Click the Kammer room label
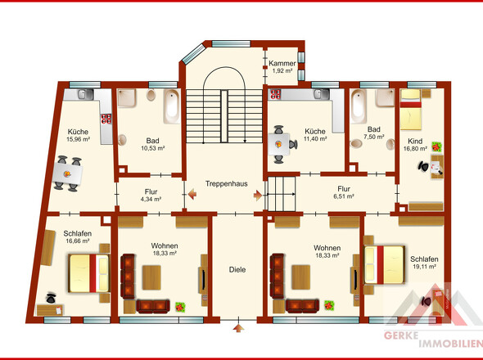click(282, 64)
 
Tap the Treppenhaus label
click(227, 184)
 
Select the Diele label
click(237, 269)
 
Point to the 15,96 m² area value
click(79, 139)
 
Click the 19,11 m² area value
click(424, 267)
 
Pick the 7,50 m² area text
click(373, 137)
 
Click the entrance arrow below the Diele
click(238, 328)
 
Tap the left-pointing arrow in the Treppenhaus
click(192, 195)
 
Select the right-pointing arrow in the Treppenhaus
click(258, 196)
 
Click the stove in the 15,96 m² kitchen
click(106, 119)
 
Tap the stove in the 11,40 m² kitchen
click(275, 94)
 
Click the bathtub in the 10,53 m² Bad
click(171, 106)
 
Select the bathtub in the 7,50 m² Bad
click(359, 106)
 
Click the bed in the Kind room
click(411, 110)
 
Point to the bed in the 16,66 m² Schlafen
click(89, 273)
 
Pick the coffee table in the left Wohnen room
click(151, 277)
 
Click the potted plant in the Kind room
click(436, 147)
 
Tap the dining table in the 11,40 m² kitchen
click(279, 144)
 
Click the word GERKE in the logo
click(401, 335)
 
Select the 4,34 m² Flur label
click(151, 196)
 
